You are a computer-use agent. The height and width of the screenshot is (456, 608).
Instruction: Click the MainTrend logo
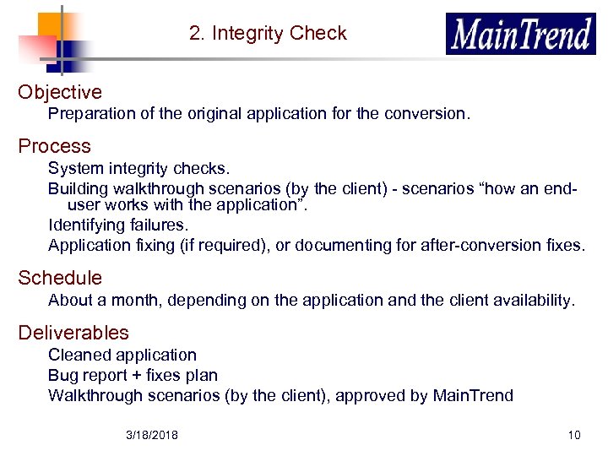tap(520, 34)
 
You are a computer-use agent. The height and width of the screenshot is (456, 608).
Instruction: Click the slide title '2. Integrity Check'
tap(268, 34)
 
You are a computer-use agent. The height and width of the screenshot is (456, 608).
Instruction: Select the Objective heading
tap(60, 92)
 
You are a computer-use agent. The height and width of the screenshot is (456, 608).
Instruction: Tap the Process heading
tap(54, 146)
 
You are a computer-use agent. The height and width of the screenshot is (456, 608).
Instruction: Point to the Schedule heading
tap(60, 278)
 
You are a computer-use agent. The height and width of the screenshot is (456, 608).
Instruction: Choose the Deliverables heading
tap(73, 333)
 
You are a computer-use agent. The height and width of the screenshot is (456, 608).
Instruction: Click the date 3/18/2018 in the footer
tap(152, 435)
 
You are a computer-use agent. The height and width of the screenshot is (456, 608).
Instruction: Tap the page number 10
tap(574, 435)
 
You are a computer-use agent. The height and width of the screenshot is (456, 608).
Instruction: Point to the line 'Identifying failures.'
tap(118, 225)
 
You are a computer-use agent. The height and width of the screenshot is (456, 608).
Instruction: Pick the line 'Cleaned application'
tap(122, 355)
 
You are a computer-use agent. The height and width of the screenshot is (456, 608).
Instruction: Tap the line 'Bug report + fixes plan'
tap(133, 375)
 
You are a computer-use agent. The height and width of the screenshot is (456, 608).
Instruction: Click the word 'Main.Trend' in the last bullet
tap(472, 395)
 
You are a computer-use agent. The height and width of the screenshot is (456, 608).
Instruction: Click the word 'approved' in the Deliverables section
tap(371, 395)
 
